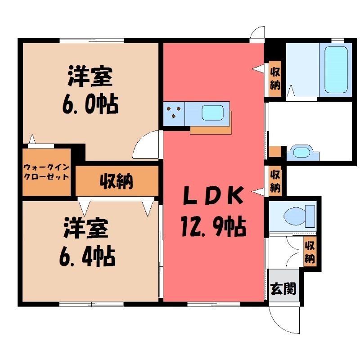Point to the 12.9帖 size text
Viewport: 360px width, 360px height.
point(212,226)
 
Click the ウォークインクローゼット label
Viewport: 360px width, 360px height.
point(47,171)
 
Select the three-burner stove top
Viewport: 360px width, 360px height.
point(174,113)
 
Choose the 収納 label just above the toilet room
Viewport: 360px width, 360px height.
point(275,180)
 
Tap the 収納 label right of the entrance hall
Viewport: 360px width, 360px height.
point(310,252)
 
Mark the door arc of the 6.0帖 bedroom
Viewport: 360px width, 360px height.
point(147,145)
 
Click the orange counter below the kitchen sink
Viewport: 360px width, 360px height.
point(210,130)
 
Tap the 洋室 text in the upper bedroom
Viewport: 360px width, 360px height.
point(90,77)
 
